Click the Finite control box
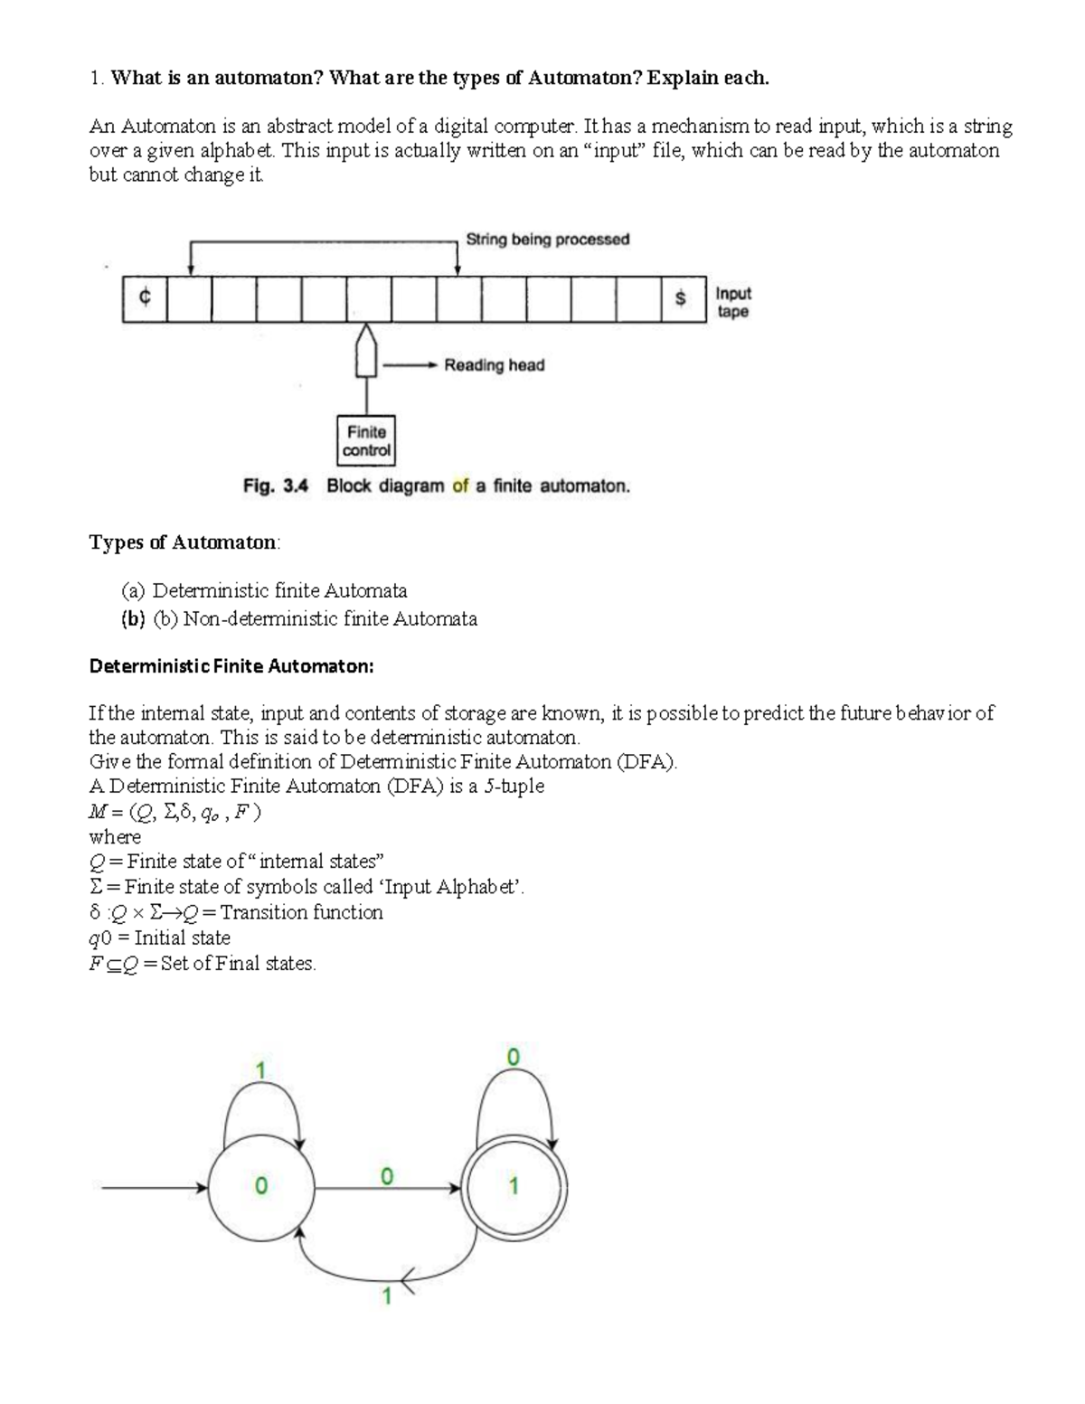[366, 441]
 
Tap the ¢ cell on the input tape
[145, 299]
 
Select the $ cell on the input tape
[682, 299]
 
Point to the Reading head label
[494, 365]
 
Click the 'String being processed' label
[547, 240]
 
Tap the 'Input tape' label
[732, 303]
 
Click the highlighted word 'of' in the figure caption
[460, 486]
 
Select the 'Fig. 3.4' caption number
[276, 486]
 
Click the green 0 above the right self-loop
[513, 1056]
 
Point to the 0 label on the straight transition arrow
[386, 1176]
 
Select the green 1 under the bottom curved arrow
[386, 1297]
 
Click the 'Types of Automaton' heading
[184, 542]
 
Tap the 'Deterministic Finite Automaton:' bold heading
[231, 666]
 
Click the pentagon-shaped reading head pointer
[366, 352]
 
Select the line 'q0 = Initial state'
[159, 938]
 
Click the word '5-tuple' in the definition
[513, 787]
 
